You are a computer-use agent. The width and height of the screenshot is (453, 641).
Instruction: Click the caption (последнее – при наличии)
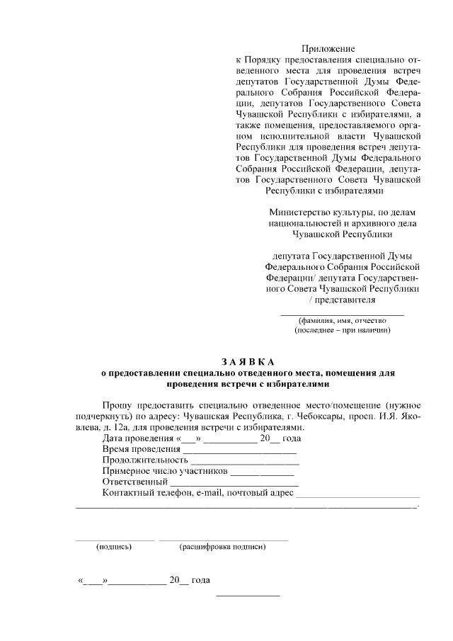342,330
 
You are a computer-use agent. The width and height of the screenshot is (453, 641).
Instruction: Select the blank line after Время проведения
239,452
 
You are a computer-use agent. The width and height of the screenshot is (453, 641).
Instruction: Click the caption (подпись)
114,547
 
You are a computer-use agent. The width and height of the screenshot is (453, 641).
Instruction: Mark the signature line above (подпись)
114,540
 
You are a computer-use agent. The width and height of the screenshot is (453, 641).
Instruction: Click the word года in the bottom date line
201,581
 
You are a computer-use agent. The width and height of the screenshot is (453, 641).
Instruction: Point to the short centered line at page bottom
247,594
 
